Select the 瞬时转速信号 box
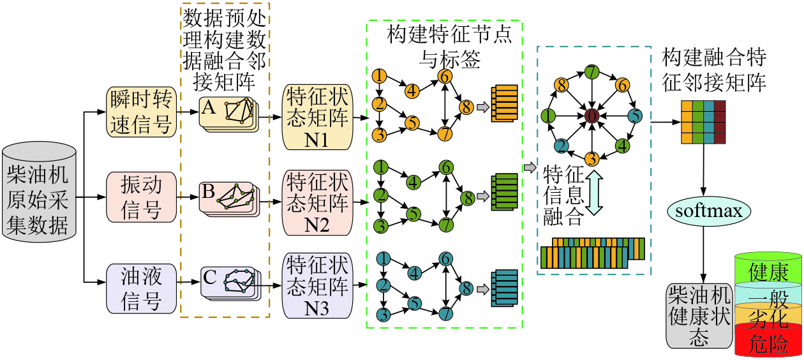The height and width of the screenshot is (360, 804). coord(141,112)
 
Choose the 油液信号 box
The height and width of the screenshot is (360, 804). coord(141,288)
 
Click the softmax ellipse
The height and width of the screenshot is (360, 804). coord(708,210)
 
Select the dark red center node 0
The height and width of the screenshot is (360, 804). coord(592,116)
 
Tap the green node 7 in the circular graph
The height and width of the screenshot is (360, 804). coord(592,72)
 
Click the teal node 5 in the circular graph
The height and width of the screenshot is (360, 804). coord(635,116)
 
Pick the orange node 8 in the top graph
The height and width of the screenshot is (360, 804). coord(466,107)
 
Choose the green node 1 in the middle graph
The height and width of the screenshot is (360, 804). coord(381,167)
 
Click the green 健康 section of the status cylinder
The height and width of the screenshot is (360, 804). coord(768,271)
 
